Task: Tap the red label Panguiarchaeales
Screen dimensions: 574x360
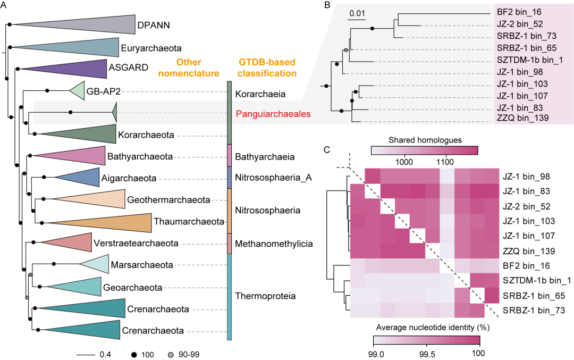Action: point(273,114)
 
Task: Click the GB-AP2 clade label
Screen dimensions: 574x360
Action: point(103,91)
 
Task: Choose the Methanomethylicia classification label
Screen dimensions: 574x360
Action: point(274,244)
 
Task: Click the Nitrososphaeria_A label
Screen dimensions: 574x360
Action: point(273,178)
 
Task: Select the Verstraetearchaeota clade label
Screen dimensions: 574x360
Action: point(136,243)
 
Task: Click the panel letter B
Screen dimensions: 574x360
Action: point(327,5)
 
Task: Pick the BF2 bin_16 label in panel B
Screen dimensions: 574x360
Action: point(519,12)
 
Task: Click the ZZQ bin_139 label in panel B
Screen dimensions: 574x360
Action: point(522,118)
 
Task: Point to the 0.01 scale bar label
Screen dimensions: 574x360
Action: point(357,13)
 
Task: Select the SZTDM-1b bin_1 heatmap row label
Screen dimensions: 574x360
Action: point(537,281)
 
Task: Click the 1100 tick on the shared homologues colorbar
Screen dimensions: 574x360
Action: point(445,162)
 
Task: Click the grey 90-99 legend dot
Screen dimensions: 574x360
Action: point(171,355)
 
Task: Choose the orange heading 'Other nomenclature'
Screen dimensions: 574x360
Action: point(189,68)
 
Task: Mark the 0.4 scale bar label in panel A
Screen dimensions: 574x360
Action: point(105,355)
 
